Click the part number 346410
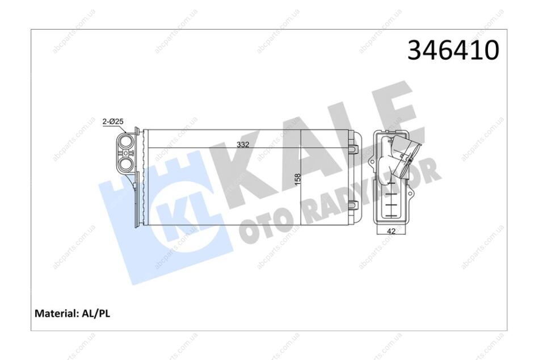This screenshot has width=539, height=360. pos(453,50)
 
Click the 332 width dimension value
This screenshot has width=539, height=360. pos(243,145)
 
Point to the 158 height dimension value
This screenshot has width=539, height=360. pos(298,179)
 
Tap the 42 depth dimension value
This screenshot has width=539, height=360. pos(391,231)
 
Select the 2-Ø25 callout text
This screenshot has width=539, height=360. pos(113,122)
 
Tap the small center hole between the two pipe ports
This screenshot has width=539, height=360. pos(125,153)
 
